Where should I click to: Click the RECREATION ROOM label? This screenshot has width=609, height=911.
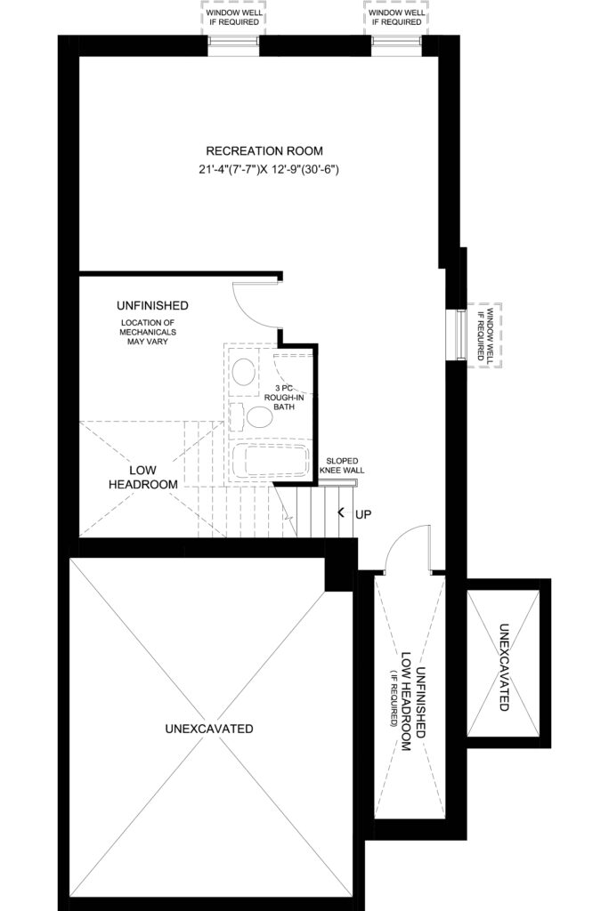point(264,151)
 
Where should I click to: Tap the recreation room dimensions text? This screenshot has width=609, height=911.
point(268,170)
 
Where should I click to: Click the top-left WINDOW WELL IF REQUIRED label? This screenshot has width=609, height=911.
point(234,18)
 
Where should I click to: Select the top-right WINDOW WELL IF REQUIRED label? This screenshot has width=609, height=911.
point(397,18)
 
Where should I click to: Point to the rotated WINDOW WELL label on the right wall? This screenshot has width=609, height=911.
point(484,335)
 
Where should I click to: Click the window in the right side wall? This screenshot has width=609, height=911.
point(457,335)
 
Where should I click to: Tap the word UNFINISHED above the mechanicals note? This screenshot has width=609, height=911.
point(152,306)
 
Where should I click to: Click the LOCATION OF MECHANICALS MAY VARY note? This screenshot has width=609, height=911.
point(148,332)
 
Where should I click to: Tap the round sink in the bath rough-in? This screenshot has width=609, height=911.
point(244,370)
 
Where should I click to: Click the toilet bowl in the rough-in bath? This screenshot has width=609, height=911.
point(259,416)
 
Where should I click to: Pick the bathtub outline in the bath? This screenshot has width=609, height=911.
point(270,462)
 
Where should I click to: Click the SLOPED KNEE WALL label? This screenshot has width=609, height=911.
point(342,465)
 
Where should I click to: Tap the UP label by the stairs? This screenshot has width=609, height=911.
point(363,514)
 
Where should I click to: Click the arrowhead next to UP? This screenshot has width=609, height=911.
point(341,512)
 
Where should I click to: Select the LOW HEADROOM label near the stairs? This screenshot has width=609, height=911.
point(143,477)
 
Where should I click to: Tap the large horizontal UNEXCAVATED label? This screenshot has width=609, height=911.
point(209,729)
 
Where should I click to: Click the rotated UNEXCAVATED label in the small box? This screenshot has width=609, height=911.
point(504,667)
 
